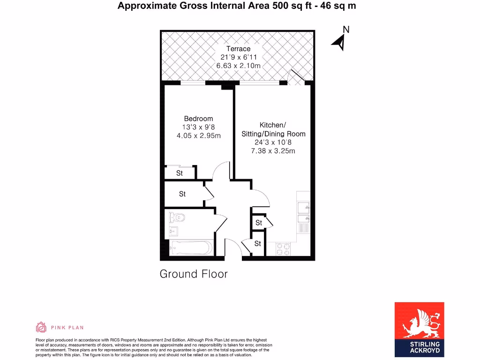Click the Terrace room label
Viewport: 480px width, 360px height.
(x=238, y=49)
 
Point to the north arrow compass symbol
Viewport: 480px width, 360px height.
(x=341, y=40)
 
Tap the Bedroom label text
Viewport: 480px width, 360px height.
(x=198, y=119)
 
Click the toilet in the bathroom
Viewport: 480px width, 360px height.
(x=178, y=217)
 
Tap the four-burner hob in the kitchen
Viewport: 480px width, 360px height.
(x=283, y=248)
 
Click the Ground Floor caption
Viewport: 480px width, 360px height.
(x=194, y=274)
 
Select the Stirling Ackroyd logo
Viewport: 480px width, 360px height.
(x=419, y=330)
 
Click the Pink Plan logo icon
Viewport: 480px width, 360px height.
(x=41, y=327)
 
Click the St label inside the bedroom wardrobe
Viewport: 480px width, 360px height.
(x=180, y=173)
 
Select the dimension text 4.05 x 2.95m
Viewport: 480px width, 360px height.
(x=198, y=136)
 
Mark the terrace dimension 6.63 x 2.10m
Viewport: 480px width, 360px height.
(x=238, y=66)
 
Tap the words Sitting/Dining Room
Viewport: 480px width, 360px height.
(x=273, y=134)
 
